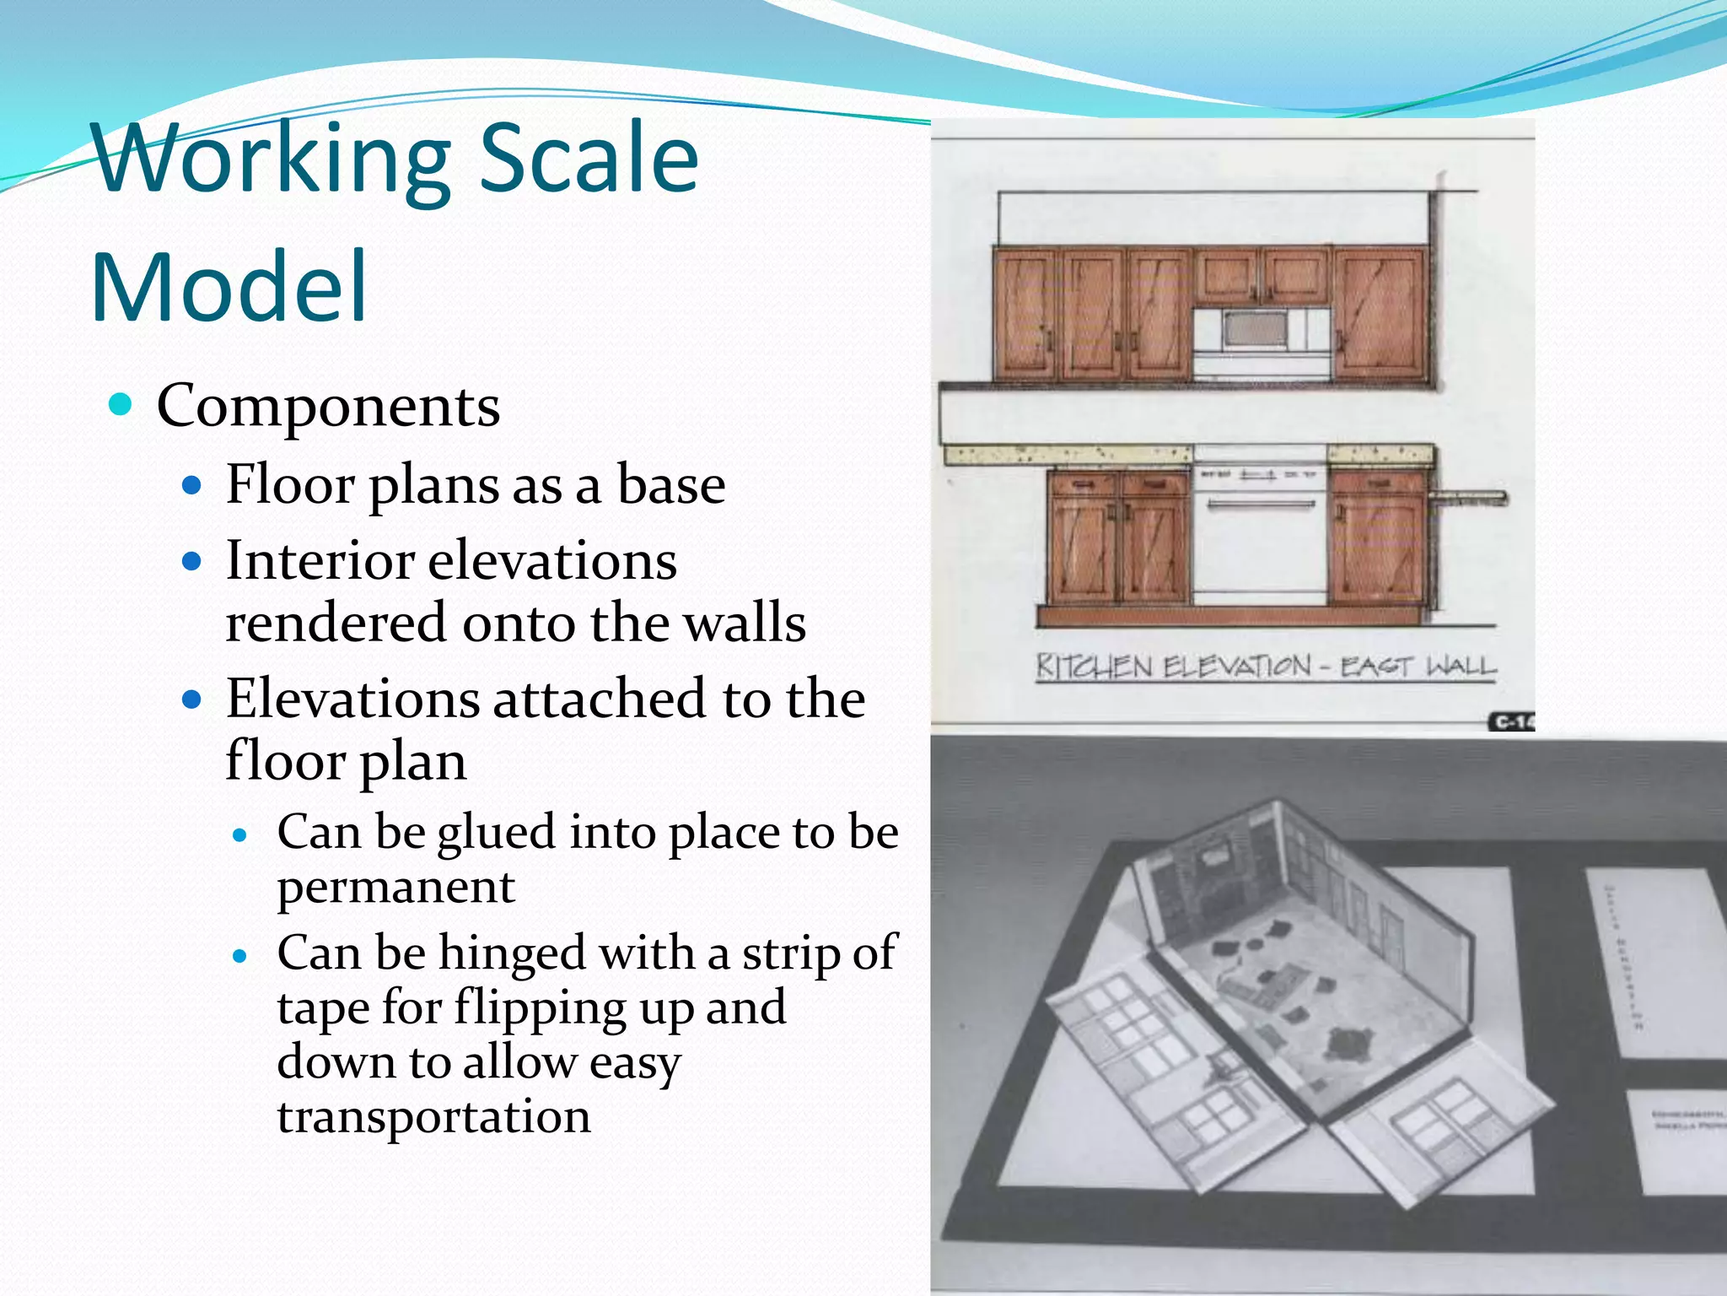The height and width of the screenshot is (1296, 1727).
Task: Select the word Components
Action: (328, 406)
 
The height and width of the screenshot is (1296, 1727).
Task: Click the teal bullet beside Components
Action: (121, 404)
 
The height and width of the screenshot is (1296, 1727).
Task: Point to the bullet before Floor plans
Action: (192, 485)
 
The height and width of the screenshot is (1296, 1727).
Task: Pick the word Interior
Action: (319, 560)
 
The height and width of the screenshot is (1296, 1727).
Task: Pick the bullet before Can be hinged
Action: (241, 956)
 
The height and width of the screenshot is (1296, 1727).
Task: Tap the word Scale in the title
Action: (589, 159)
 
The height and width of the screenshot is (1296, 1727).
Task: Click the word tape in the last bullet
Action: (323, 1007)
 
